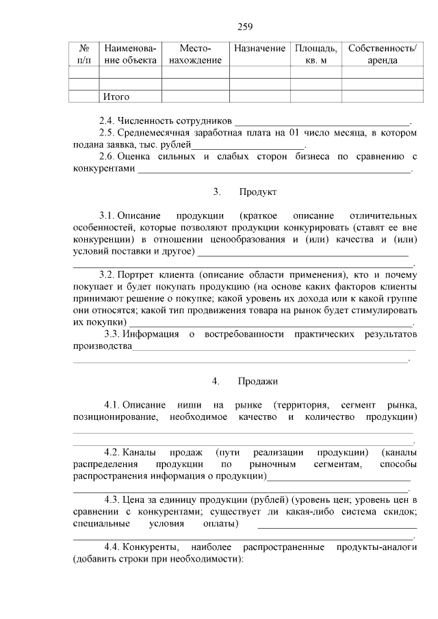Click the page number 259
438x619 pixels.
[245, 27]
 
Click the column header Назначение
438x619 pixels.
[259, 49]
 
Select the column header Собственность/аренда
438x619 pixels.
[382, 54]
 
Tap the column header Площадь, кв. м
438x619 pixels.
[315, 54]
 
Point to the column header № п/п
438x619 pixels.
[86, 54]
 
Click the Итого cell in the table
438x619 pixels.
[116, 96]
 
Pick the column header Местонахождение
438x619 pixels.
[195, 54]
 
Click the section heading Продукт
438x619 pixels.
[257, 191]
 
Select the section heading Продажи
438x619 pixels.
[258, 380]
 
